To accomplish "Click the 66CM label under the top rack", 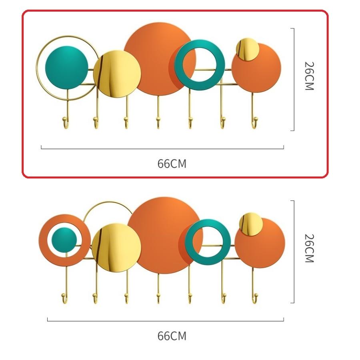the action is point(172,164).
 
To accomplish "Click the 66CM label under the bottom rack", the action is point(172,336).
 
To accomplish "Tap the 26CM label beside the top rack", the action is point(309,76).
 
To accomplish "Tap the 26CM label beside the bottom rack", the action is point(309,248).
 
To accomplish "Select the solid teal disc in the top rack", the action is point(66,68).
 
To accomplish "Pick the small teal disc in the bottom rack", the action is point(64,240).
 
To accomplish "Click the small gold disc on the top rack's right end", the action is point(248,49).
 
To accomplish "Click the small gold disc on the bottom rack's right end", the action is point(251,224).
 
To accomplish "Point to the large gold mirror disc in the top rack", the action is point(117,74).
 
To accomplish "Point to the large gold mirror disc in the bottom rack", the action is point(116,248).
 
